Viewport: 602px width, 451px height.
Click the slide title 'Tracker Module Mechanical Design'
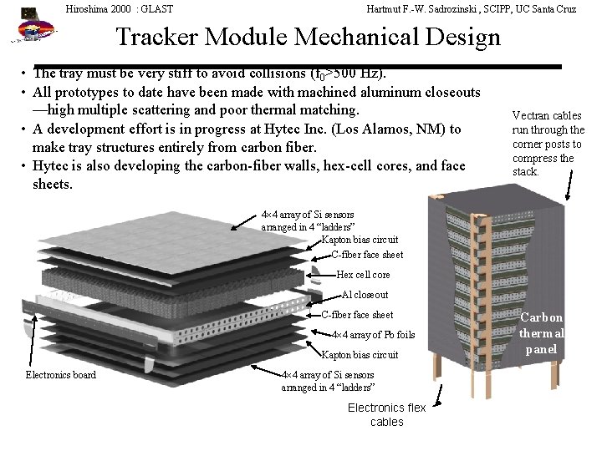tap(308, 38)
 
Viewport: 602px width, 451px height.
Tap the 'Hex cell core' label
tap(363, 275)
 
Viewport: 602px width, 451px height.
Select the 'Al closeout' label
tap(365, 295)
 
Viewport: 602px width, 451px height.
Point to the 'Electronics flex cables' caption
tap(386, 414)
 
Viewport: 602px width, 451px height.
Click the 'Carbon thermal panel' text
tap(542, 333)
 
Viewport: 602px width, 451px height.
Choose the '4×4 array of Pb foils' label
tap(373, 335)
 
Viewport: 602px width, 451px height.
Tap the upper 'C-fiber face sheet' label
tap(367, 255)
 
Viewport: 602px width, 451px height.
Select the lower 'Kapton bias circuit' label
tap(360, 355)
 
